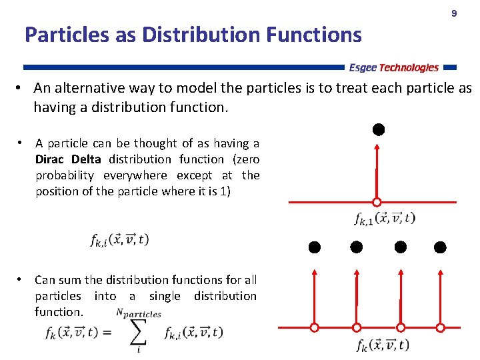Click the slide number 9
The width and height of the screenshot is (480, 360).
(x=454, y=14)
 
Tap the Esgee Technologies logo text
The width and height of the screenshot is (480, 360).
(x=393, y=67)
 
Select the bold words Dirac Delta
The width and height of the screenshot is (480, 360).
(x=68, y=159)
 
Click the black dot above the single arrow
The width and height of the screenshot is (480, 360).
(x=377, y=129)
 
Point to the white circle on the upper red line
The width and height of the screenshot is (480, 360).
(x=377, y=202)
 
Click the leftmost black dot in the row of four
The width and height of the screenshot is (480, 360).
(x=315, y=247)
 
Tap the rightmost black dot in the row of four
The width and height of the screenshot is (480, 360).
(x=440, y=247)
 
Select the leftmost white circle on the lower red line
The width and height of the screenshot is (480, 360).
(x=315, y=327)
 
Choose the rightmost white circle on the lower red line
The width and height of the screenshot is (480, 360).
(x=440, y=327)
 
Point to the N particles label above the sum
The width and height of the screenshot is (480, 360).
(x=138, y=313)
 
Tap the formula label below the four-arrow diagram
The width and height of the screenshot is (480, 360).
(x=383, y=345)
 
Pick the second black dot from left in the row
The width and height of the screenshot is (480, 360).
(x=357, y=247)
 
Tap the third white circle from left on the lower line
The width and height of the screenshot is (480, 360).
(x=400, y=327)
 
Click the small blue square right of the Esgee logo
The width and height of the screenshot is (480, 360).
(x=450, y=67)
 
